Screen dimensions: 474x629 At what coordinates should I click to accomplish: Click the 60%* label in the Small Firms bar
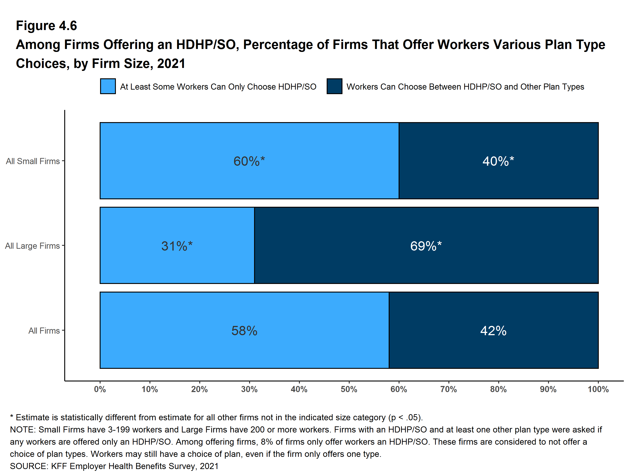249,161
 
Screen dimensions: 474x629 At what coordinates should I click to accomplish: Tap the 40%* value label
498,161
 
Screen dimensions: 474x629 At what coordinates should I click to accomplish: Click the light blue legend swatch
108,86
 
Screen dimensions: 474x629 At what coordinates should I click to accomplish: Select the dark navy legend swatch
334,86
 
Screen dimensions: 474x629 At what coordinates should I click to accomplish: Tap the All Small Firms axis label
33,161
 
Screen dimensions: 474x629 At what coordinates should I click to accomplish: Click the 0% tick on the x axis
100,389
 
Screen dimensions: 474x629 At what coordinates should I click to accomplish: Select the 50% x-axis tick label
349,389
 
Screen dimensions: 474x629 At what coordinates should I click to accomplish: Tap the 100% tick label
598,389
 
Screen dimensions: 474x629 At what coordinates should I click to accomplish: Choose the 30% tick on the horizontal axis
249,389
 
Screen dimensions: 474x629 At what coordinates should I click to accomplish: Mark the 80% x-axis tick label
498,389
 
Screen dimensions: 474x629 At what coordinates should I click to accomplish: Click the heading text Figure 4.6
46,26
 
